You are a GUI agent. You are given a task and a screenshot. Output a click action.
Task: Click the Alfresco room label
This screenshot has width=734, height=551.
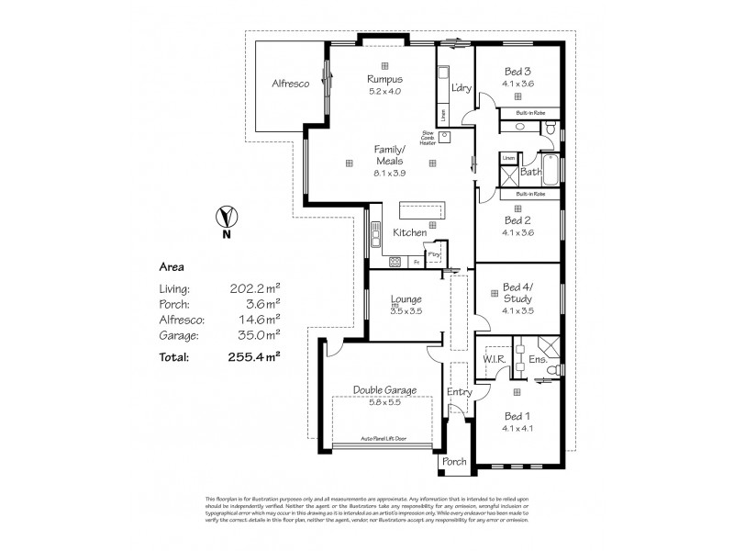coord(289,84)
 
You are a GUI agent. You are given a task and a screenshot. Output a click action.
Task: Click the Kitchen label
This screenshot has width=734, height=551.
coord(409,233)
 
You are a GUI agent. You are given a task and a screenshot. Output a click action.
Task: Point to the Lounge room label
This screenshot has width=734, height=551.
coord(406,299)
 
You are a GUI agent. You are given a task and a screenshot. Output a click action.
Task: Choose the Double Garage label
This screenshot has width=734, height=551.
coord(384,390)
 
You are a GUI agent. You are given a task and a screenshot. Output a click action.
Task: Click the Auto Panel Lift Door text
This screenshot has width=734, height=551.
coord(384,439)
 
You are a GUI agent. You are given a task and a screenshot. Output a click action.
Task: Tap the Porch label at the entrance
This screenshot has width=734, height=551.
coord(454,461)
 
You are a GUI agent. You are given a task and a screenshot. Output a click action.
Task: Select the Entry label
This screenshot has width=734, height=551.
coord(459,393)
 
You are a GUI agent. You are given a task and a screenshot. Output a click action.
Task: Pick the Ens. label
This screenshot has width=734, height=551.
coord(538,360)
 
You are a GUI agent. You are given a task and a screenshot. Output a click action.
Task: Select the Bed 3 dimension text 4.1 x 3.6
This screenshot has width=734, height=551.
coord(517,84)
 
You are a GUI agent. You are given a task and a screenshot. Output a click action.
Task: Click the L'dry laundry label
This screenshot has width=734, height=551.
coord(461,87)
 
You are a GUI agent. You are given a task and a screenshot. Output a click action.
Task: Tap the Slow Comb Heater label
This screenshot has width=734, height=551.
coord(427,137)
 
